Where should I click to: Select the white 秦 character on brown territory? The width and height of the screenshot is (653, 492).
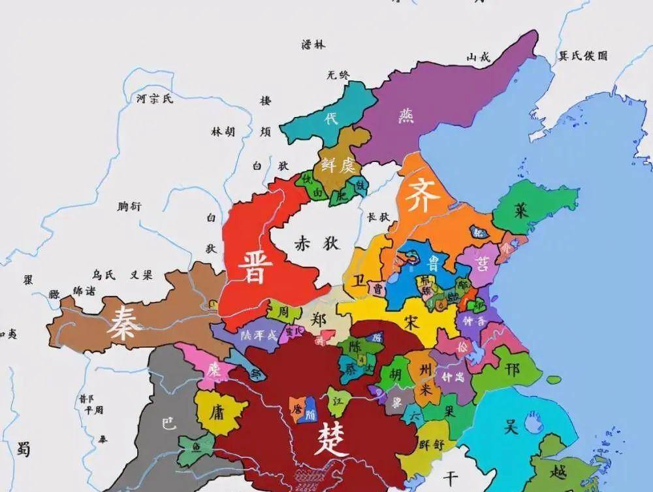point(125,322)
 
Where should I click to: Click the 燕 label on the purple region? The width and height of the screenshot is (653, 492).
point(406,116)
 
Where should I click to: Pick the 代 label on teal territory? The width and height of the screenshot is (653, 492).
point(332,119)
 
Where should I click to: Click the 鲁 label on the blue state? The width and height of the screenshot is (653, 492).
point(432,263)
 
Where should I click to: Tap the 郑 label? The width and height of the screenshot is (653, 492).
point(319,320)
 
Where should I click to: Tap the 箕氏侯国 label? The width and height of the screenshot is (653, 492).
point(583,56)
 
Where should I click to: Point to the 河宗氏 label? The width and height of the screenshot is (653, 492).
point(155,99)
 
